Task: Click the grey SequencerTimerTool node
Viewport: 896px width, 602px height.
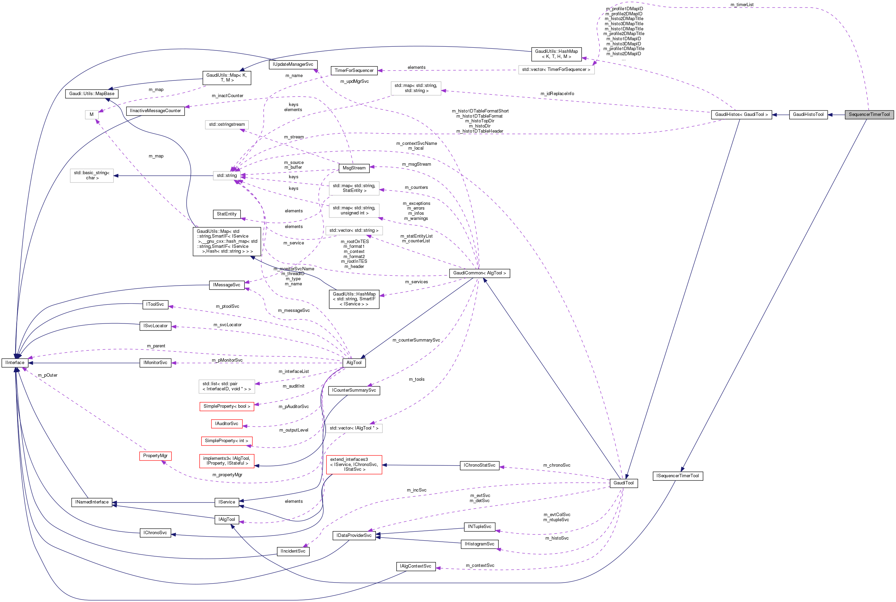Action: pos(869,115)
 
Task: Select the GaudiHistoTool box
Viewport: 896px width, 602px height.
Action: pos(808,115)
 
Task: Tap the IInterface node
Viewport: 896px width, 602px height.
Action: pos(15,362)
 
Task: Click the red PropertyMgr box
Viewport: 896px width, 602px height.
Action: pos(155,456)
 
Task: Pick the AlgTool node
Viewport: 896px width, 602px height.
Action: pos(354,362)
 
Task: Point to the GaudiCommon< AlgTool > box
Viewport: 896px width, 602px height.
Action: pos(479,273)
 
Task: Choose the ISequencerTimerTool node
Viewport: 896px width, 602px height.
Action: pos(677,476)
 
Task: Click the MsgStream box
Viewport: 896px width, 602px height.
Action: pos(354,168)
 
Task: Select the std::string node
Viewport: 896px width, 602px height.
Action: pos(226,176)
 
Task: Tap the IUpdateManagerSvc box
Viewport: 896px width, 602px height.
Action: pos(293,64)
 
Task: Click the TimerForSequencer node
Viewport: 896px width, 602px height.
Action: pos(354,70)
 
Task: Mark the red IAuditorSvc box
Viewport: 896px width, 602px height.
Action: pos(226,423)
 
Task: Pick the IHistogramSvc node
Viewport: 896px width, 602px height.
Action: pos(479,544)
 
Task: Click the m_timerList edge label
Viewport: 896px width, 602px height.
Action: pos(741,5)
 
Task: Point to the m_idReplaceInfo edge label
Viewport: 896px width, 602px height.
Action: pos(557,94)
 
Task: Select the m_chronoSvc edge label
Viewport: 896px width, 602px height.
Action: pos(557,465)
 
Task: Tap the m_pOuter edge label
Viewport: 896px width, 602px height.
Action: pos(48,375)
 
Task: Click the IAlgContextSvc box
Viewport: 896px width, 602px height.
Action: pos(415,566)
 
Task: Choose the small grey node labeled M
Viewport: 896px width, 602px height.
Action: pos(91,115)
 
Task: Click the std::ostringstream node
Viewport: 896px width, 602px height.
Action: pos(226,124)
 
